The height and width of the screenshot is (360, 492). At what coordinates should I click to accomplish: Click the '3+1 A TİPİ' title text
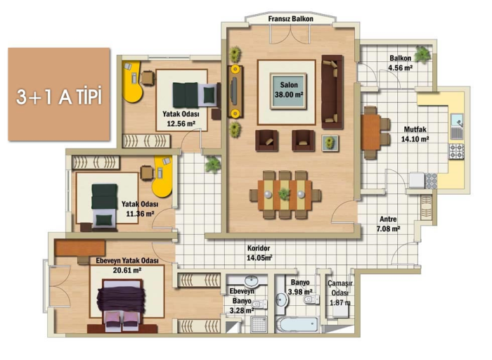tap(59, 96)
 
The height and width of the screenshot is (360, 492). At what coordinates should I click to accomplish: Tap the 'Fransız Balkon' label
tap(290, 19)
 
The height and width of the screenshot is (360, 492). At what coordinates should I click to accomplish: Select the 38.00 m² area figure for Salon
tap(289, 94)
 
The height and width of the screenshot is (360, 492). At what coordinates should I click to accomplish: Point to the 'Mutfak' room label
tap(415, 129)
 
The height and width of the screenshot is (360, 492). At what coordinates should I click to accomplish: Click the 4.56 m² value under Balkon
tap(400, 67)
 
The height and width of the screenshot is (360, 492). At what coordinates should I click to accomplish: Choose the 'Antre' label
tap(388, 219)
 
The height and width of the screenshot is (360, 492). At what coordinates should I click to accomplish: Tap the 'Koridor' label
tap(259, 248)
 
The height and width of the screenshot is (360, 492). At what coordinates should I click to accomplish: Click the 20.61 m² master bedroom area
tap(127, 270)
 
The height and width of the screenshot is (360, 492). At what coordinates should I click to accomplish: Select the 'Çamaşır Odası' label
tap(339, 288)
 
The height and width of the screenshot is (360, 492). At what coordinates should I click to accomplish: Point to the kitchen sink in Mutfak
tap(457, 126)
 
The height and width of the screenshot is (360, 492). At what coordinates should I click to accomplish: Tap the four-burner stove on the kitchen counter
tap(456, 151)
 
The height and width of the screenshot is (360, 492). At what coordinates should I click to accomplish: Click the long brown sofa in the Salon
tap(332, 92)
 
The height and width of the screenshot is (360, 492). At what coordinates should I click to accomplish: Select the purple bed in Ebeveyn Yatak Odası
tap(122, 304)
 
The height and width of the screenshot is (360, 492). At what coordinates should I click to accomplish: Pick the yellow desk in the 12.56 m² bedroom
tap(132, 82)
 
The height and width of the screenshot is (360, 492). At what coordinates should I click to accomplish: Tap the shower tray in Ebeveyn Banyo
tap(259, 325)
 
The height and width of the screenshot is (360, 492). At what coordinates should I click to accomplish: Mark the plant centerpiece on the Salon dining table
tap(284, 194)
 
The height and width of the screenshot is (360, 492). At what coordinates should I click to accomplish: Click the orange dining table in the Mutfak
tap(370, 132)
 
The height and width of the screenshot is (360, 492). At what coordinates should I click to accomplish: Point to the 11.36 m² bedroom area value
tap(140, 214)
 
